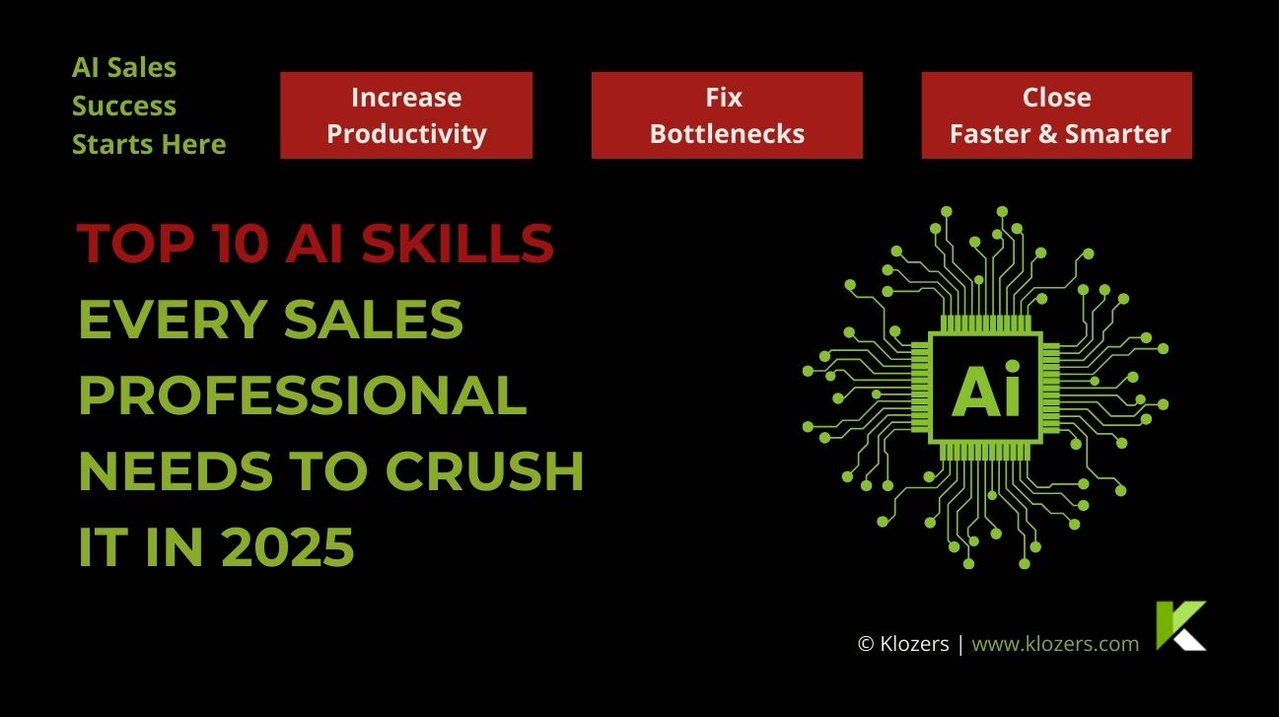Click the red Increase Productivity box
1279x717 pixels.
click(406, 115)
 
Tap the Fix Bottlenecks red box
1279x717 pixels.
click(727, 115)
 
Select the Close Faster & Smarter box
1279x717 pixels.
click(1057, 115)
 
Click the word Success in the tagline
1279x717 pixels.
click(124, 107)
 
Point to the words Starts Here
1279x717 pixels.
click(149, 144)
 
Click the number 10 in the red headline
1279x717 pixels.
click(239, 244)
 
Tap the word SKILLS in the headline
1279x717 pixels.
click(458, 244)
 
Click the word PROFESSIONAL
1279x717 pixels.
click(303, 395)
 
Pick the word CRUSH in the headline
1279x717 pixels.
click(485, 471)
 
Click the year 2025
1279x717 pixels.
click(287, 547)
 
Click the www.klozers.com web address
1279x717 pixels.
click(1055, 644)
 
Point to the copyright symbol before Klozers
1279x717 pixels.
click(866, 644)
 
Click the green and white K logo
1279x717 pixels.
click(1180, 625)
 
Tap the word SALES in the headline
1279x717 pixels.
click(374, 320)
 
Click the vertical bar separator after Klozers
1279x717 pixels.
click(960, 644)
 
